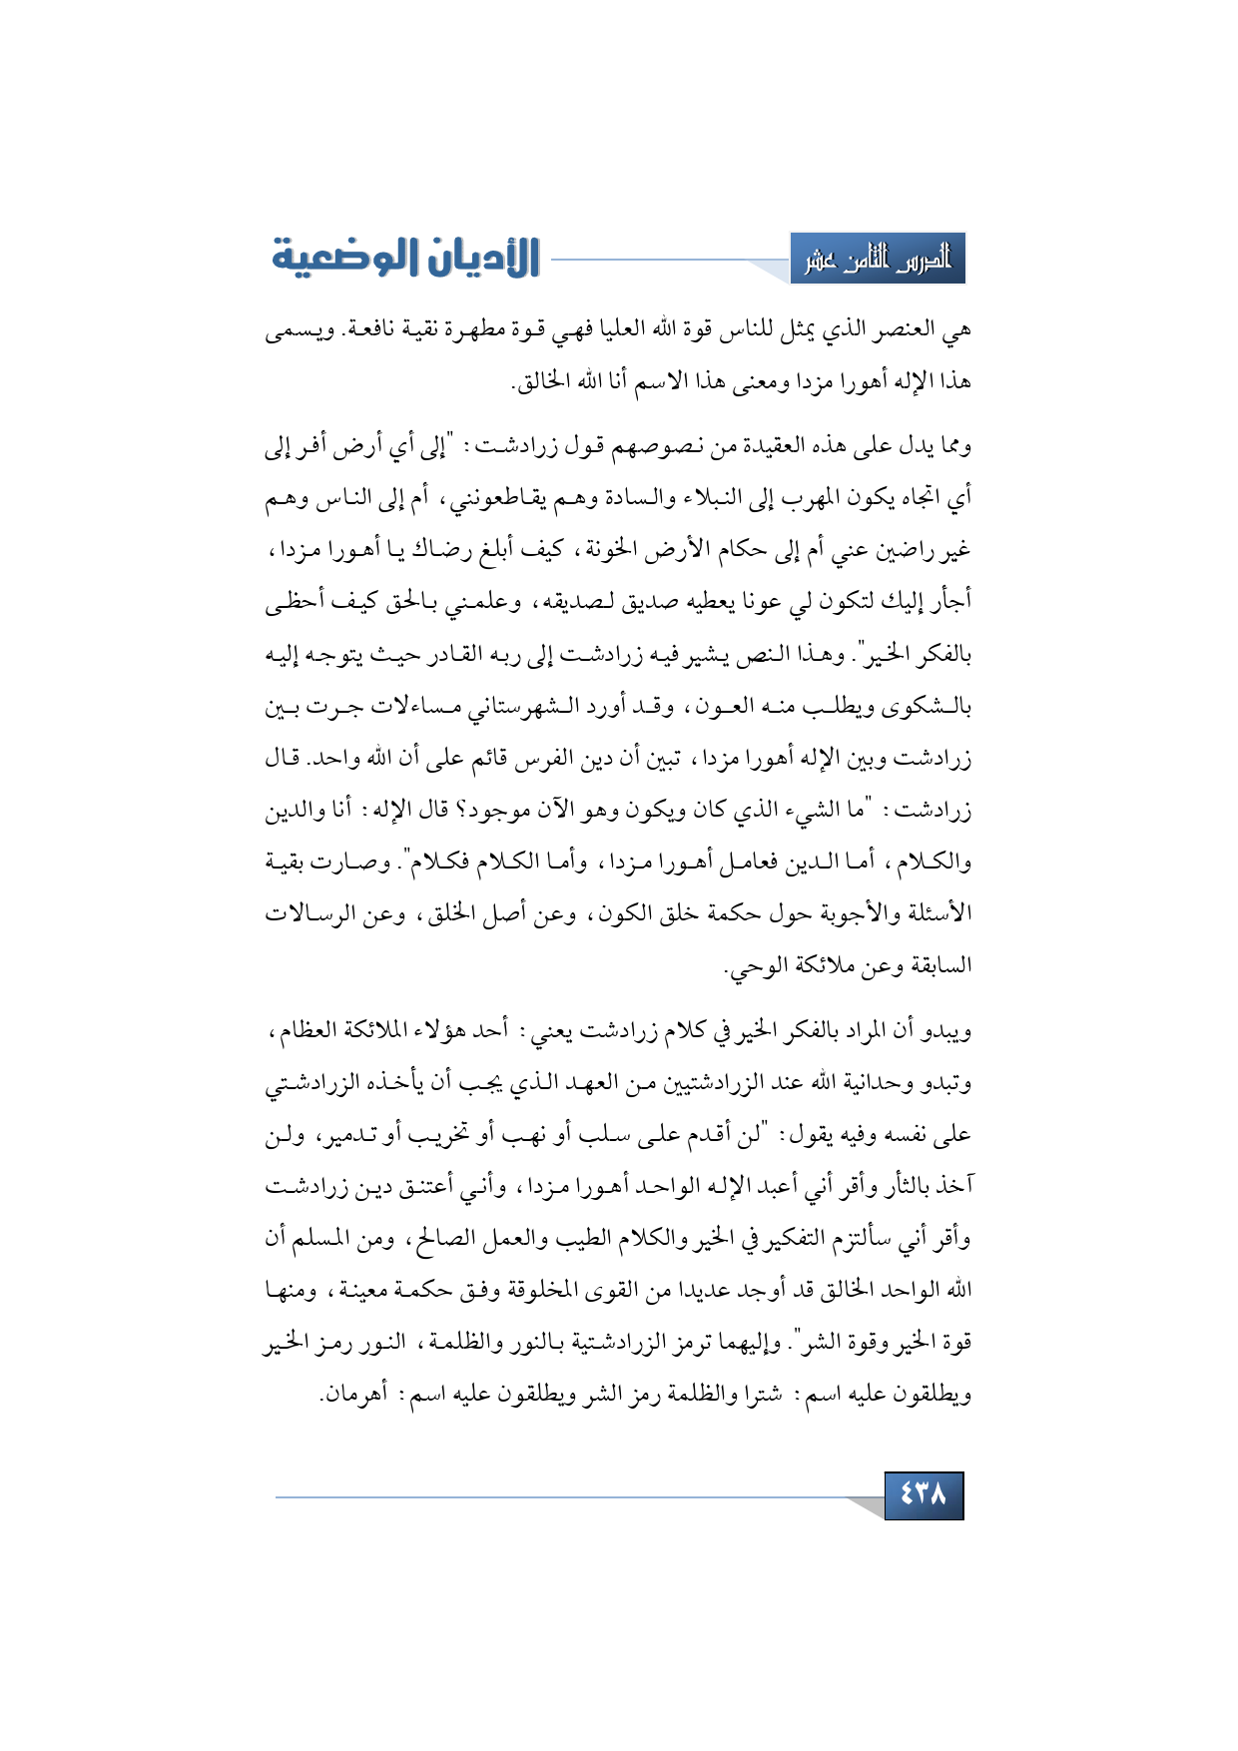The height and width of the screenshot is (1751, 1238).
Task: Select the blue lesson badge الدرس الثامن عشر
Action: coord(878,260)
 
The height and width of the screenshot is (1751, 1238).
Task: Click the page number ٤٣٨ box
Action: coord(924,1495)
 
